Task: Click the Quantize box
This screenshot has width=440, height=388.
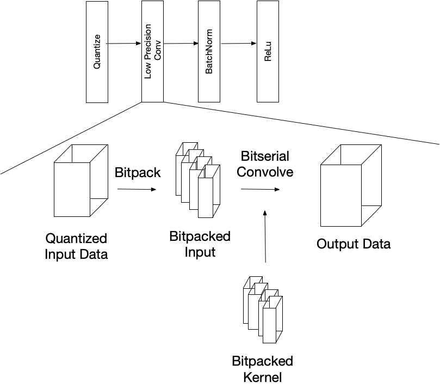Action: (x=97, y=52)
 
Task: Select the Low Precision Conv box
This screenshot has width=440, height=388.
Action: (x=152, y=52)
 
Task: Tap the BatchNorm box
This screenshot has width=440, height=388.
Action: (x=209, y=52)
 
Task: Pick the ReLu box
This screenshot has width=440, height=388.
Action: (x=267, y=52)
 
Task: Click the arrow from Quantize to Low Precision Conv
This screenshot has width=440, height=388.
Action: (x=124, y=43)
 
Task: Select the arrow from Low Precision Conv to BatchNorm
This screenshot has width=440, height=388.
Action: (x=181, y=43)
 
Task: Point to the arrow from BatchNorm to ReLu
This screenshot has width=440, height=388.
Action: (x=238, y=43)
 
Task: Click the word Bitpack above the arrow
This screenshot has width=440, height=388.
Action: (x=138, y=173)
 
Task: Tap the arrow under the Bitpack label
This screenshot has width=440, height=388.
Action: (x=137, y=189)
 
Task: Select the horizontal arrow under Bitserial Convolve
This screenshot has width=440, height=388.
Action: (x=260, y=189)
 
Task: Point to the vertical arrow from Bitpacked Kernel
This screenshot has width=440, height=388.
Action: (x=265, y=237)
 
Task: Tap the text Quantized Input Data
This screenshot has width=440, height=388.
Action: (x=76, y=246)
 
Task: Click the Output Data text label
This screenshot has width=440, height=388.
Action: (x=354, y=244)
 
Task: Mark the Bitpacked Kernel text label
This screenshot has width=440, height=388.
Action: (x=262, y=369)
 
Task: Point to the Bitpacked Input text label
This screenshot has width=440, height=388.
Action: (x=200, y=244)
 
